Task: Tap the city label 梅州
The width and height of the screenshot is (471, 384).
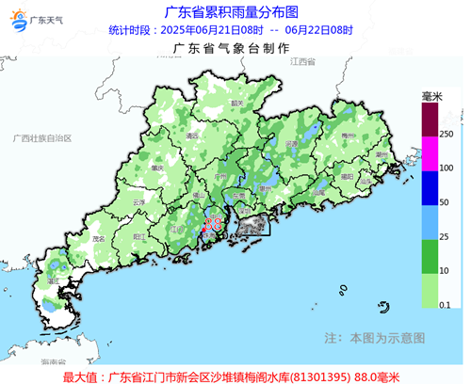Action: [x=348, y=136]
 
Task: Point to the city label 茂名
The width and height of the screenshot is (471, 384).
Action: [x=98, y=239]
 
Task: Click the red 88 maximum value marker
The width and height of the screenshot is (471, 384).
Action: [x=213, y=224]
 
